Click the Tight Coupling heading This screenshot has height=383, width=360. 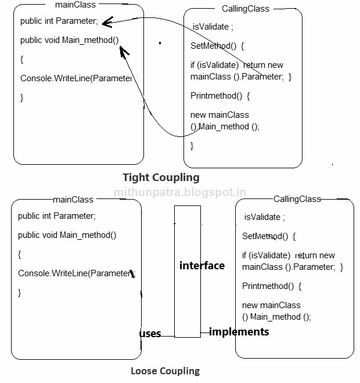tap(161, 178)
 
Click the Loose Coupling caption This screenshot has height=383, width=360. tap(165, 371)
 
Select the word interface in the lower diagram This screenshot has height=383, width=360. tap(201, 265)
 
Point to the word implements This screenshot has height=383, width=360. tap(239, 332)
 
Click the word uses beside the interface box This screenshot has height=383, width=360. tap(150, 334)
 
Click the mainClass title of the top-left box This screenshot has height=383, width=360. tap(75, 5)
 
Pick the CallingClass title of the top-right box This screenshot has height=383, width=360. tap(246, 9)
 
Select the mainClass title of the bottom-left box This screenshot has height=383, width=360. tap(73, 200)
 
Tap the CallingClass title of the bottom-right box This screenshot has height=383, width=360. tap(297, 199)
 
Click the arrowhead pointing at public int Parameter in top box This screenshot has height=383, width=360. tap(105, 23)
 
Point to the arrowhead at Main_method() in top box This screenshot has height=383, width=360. tap(123, 52)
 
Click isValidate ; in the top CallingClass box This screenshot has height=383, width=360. tap(213, 27)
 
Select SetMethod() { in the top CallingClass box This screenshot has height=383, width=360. tap(218, 46)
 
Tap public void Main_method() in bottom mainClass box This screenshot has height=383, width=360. tap(67, 235)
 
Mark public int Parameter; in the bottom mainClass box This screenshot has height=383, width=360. tap(57, 216)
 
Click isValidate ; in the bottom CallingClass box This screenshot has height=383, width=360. tap(265, 218)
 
